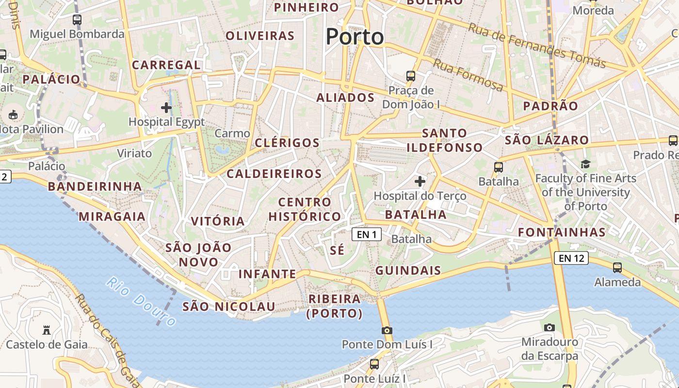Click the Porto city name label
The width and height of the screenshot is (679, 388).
(355, 37)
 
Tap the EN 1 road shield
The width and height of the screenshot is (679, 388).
(367, 235)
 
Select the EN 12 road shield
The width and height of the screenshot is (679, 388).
(571, 258)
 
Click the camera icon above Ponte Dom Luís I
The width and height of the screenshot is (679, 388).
(387, 330)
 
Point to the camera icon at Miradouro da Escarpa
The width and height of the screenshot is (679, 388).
(550, 327)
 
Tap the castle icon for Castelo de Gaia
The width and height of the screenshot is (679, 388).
(47, 330)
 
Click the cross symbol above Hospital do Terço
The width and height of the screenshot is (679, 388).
(420, 182)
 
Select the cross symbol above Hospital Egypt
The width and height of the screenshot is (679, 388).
(166, 108)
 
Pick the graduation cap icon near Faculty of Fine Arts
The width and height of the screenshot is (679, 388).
(585, 164)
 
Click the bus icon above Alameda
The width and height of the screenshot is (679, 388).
(617, 267)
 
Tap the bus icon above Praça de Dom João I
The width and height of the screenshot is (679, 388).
(411, 76)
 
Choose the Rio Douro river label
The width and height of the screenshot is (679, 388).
(141, 302)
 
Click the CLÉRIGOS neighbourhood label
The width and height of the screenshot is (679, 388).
(287, 143)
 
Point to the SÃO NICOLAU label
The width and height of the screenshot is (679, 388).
(229, 307)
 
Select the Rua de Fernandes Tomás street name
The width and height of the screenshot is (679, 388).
(537, 46)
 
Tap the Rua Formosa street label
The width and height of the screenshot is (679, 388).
(468, 75)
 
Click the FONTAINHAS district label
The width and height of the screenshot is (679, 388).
(562, 232)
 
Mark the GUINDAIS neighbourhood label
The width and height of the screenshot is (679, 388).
(408, 271)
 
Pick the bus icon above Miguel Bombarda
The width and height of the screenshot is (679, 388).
(77, 20)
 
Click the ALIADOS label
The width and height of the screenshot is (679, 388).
(345, 97)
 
